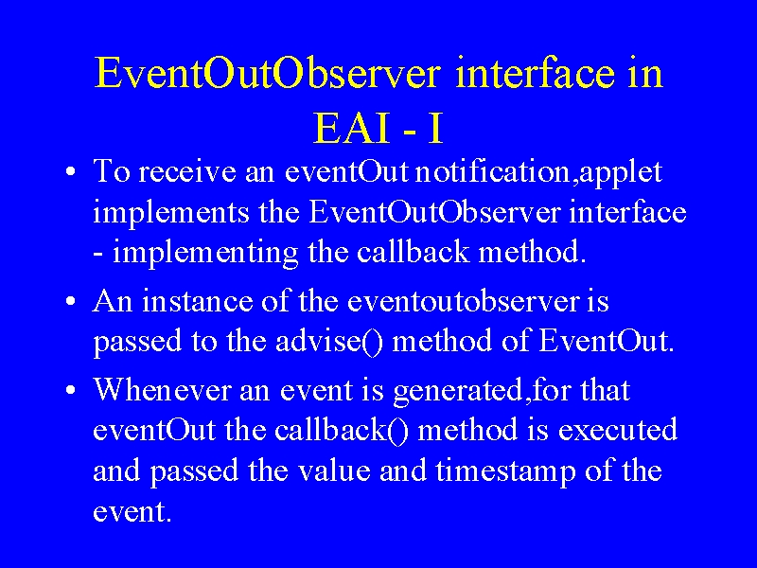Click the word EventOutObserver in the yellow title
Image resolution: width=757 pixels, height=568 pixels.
click(x=268, y=73)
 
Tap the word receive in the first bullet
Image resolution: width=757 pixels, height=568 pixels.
click(x=187, y=171)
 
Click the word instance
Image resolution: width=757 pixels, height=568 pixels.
click(x=197, y=301)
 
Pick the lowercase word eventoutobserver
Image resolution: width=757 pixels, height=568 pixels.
click(x=463, y=301)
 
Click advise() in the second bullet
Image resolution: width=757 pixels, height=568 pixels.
click(x=328, y=342)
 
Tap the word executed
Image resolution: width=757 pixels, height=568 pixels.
click(x=618, y=430)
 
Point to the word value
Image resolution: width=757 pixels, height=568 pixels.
click(x=334, y=470)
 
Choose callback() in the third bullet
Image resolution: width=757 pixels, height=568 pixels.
click(x=342, y=430)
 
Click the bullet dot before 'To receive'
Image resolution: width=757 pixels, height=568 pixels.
click(x=71, y=172)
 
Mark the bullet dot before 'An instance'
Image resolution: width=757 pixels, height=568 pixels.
click(x=71, y=302)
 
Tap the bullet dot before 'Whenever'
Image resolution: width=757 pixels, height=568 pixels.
click(x=71, y=390)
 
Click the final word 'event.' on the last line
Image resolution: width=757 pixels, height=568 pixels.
click(x=132, y=511)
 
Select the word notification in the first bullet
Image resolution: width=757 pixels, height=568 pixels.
click(x=492, y=171)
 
